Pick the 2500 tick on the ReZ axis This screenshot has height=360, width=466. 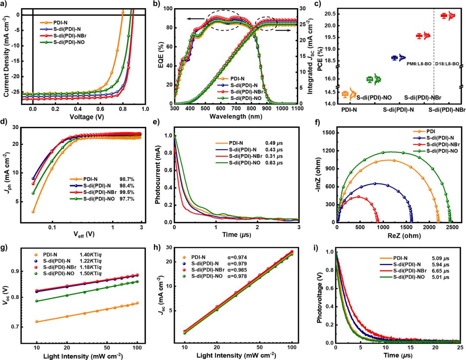pyautogui.click(x=452, y=227)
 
